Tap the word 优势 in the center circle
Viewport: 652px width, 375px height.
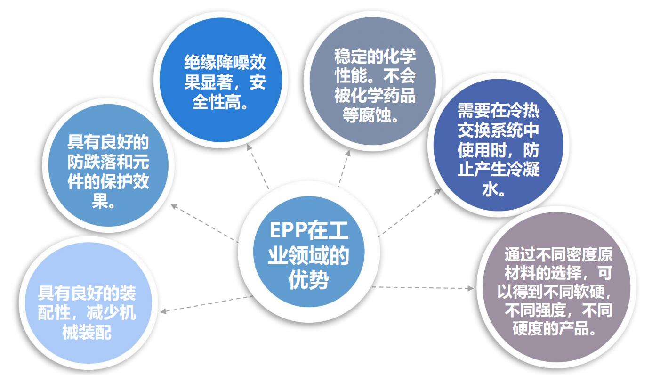point(308,281)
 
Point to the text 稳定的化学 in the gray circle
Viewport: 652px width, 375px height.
point(375,57)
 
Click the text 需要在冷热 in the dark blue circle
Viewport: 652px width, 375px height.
point(499,111)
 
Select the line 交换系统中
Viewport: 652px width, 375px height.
point(499,131)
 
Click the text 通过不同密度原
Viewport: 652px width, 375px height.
point(558,254)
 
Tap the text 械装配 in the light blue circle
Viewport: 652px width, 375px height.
point(87,333)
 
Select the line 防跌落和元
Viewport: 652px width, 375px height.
point(108,163)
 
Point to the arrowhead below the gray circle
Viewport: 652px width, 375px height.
point(348,153)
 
